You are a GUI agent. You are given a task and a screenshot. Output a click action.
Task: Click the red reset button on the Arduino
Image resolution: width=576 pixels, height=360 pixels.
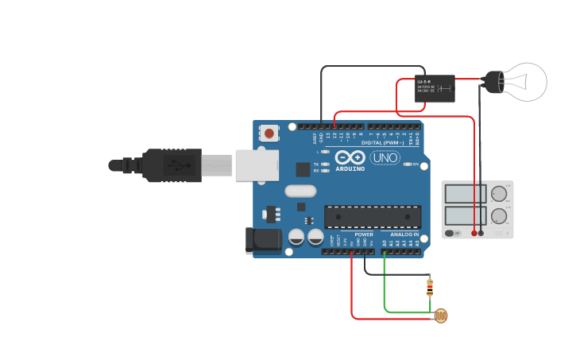click(270, 134)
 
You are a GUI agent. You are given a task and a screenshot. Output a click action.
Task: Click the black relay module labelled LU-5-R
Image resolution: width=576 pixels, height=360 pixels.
click(435, 88)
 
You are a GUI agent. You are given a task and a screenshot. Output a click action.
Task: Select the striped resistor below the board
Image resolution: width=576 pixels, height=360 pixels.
click(430, 287)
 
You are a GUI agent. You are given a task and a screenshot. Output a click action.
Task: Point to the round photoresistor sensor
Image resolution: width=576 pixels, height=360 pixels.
click(440, 316)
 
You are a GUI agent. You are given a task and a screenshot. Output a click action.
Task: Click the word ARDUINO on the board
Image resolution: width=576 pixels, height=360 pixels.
click(350, 168)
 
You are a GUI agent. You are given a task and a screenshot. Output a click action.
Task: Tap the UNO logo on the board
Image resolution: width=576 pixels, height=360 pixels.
click(385, 157)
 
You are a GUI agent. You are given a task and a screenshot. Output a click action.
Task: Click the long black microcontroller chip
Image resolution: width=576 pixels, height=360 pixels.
click(373, 216)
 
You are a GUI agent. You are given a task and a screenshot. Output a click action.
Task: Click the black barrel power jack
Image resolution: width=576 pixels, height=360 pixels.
click(264, 240)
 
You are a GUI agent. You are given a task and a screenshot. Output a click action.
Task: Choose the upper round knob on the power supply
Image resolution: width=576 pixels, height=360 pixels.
click(499, 194)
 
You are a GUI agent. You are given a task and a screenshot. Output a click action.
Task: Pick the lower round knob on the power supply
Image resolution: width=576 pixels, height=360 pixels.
click(499, 215)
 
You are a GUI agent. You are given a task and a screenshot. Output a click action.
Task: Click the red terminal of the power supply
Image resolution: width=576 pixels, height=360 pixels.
click(474, 233)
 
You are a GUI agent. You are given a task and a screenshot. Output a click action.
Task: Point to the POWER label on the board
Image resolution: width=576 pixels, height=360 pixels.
click(364, 234)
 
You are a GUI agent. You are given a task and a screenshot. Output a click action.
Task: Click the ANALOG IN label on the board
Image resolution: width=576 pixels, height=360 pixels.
click(404, 234)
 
